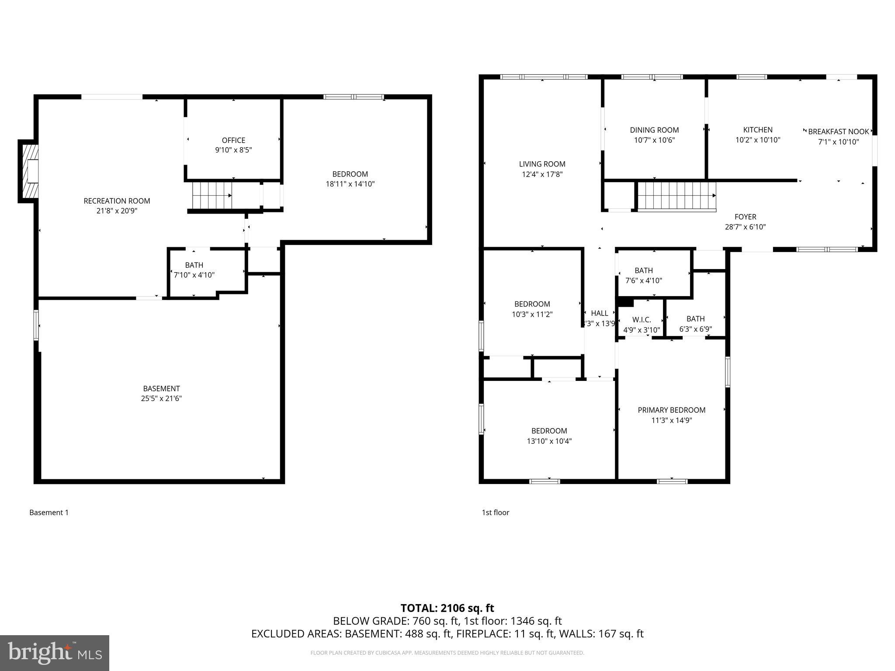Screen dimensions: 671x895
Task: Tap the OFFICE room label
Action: (x=233, y=140)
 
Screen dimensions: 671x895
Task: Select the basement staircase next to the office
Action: (x=212, y=195)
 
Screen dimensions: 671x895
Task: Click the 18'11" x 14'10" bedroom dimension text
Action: (x=350, y=184)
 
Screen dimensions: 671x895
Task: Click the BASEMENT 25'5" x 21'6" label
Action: (x=161, y=393)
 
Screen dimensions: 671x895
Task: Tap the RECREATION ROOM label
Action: (x=117, y=201)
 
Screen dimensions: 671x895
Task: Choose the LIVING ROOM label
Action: (x=542, y=164)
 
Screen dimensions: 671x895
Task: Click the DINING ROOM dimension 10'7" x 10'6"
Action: (x=654, y=140)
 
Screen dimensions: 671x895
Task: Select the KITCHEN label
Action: (x=758, y=130)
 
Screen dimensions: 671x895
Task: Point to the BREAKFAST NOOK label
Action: (x=838, y=131)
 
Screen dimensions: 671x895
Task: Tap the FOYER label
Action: (x=745, y=217)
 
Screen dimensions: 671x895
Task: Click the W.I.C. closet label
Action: (x=642, y=320)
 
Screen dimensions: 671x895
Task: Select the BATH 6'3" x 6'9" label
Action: (x=695, y=324)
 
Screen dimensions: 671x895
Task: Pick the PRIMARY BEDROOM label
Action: (x=671, y=410)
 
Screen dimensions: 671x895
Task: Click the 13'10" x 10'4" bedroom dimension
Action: (x=549, y=441)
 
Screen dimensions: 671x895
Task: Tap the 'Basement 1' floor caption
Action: (x=49, y=512)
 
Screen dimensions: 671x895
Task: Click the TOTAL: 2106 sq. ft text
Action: (x=447, y=608)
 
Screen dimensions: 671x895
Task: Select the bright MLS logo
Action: (x=55, y=653)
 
